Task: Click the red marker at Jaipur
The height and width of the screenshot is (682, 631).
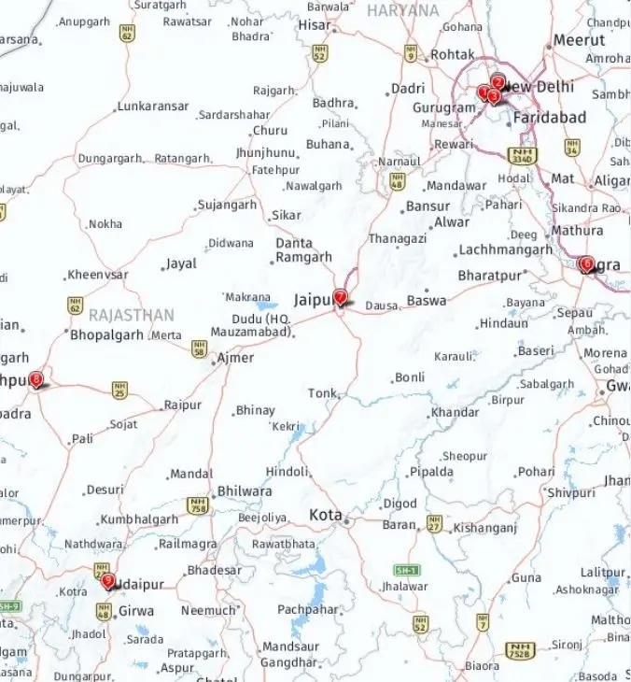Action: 341,297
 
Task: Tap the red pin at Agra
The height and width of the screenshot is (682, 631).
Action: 586,264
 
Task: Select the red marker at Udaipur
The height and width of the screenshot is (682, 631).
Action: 108,581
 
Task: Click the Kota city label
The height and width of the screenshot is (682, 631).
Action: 326,516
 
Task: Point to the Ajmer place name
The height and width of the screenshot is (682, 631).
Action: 234,358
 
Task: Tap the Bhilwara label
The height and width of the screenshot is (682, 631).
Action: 244,491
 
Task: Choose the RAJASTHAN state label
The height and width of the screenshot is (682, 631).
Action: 132,314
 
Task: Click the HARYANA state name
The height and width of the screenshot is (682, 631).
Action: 402,10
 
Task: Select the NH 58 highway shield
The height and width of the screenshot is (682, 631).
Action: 199,348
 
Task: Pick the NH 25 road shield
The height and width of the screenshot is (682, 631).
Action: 119,389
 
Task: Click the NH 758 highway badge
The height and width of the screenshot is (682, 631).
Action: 198,505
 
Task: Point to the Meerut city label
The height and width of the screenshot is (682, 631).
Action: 579,40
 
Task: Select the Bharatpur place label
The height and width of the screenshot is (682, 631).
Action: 490,276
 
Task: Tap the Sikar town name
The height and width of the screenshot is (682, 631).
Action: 286,216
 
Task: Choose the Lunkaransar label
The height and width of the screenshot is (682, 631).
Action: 154,107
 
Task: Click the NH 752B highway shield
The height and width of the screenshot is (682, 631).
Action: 520,648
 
